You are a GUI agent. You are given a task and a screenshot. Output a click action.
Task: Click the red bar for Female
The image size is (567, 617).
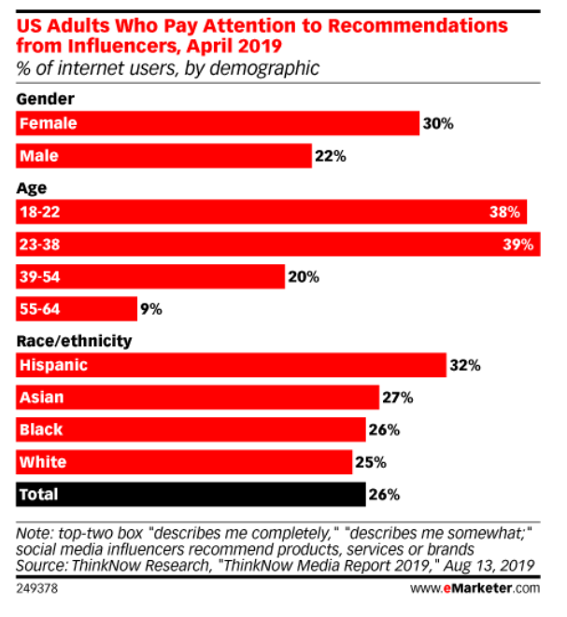[x=217, y=123]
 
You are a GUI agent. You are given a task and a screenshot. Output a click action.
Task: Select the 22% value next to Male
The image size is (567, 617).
[x=331, y=157]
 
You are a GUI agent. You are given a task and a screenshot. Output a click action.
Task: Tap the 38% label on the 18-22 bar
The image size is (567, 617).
[x=503, y=213]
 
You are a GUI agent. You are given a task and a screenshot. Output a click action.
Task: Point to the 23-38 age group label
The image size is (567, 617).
[x=42, y=245]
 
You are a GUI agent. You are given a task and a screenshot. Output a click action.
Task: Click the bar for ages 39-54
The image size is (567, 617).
[x=149, y=276]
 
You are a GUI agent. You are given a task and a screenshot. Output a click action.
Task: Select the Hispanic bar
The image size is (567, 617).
[x=230, y=366]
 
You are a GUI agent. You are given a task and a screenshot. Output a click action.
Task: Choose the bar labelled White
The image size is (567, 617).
[x=184, y=461]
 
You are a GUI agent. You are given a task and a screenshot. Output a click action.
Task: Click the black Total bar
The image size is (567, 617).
[x=191, y=493]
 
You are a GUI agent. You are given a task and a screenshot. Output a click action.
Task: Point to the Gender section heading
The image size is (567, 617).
[x=45, y=99]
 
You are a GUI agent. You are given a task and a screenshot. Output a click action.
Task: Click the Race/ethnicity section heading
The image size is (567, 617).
[x=74, y=342]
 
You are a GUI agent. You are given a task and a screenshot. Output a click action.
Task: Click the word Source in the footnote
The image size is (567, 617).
[x=43, y=565]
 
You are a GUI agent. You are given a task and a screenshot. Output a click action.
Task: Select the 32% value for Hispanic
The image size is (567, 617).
[x=464, y=366]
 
